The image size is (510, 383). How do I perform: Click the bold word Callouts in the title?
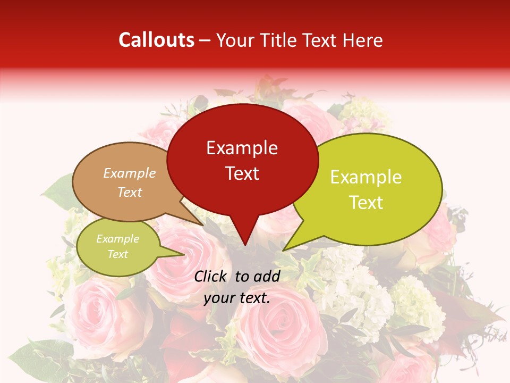pos(156,40)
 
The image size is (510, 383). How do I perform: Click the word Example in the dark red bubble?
pos(242,148)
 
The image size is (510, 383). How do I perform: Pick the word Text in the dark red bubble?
pos(242,173)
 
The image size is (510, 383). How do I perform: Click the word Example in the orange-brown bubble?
pos(130,173)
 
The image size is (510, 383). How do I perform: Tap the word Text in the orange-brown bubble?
pos(130,192)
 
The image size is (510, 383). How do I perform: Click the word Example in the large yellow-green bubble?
pos(366,177)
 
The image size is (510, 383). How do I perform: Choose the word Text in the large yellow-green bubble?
pos(366,203)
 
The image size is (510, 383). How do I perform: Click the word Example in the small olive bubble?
pos(118,239)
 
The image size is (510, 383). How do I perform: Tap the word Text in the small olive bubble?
pos(118,254)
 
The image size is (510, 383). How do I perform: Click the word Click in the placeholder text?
pos(210,276)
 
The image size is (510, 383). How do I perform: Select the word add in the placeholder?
pos(267,276)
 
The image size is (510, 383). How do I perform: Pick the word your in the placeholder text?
pos(218,298)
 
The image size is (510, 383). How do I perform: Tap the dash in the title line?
pos(205,40)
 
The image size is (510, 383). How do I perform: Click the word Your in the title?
pos(234,40)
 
